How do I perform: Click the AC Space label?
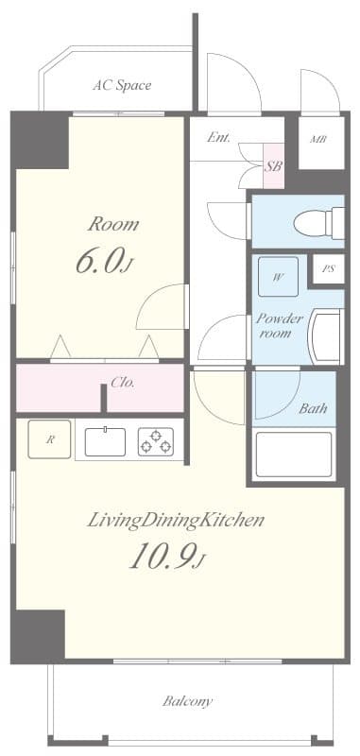pos(121,85)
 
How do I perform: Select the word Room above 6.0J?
pos(114,225)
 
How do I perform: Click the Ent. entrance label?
pos(219,137)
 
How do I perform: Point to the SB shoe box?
pos(273,165)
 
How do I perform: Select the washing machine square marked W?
pos(278,277)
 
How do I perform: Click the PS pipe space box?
pos(328,269)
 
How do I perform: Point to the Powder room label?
pos(280,326)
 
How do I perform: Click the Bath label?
pos(313,409)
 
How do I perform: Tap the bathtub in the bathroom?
pos(295,455)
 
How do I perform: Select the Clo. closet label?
pos(123,383)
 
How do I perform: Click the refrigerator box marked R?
pos(50,439)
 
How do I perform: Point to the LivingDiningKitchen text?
pos(176,520)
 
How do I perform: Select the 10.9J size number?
pos(166,557)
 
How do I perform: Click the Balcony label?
pos(188,701)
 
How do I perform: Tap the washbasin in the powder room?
pos(327,336)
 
